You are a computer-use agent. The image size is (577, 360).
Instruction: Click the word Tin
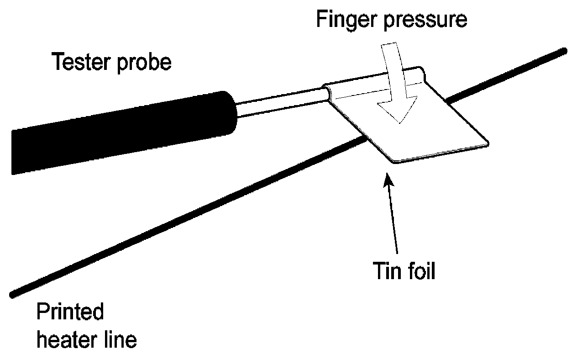click(382, 271)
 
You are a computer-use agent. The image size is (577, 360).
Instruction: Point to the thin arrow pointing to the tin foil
click(393, 215)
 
